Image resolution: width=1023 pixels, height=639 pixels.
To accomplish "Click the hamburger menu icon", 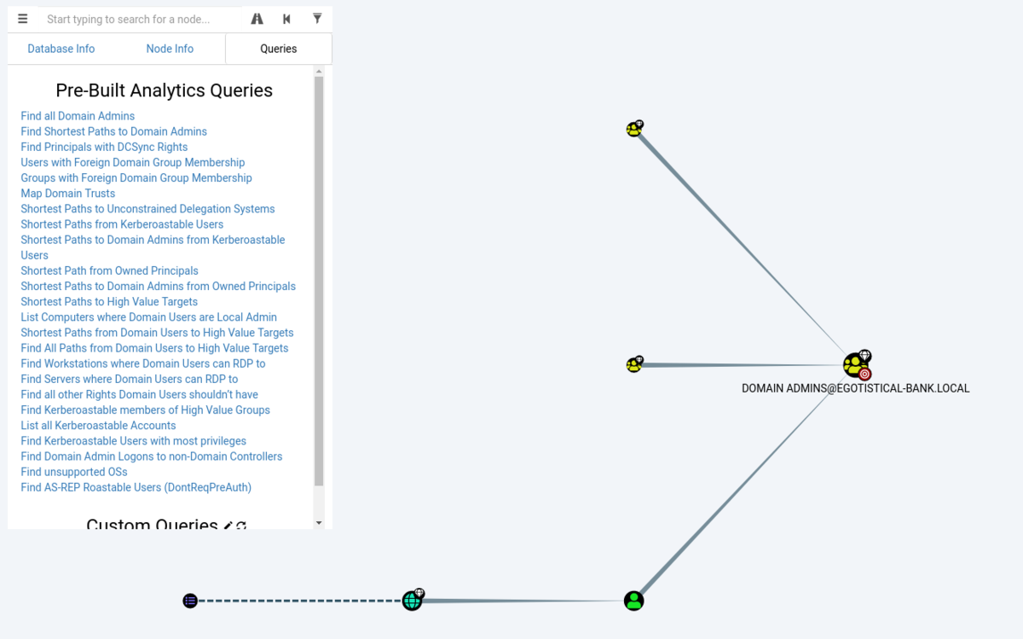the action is (22, 19).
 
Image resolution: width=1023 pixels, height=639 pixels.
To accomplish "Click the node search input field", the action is (140, 20).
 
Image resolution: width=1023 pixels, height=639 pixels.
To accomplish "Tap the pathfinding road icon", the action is (257, 19).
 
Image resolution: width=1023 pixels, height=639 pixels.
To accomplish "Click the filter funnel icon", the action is (317, 18).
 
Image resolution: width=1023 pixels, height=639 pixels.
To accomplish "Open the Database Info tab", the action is (61, 49).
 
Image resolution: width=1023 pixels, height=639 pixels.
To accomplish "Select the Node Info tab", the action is (170, 49).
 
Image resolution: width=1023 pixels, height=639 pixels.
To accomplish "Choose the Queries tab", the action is (279, 49).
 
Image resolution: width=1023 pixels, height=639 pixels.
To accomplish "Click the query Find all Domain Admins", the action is (78, 116).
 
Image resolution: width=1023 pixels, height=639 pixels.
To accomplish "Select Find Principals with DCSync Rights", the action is (104, 148).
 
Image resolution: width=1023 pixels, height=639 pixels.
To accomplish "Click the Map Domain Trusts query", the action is (67, 194).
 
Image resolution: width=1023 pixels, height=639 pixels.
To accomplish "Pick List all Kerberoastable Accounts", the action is (98, 426).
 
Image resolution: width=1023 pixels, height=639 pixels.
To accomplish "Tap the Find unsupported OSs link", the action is (74, 472).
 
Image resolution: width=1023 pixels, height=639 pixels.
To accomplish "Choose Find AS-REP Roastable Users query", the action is (136, 487).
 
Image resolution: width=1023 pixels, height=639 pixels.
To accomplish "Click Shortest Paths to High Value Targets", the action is (109, 302).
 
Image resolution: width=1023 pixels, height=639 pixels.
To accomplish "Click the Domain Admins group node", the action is (856, 365).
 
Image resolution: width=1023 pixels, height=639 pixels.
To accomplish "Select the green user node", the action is (634, 601).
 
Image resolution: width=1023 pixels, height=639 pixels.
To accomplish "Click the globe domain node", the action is (413, 600).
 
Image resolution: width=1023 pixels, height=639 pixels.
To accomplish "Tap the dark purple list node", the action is (190, 601).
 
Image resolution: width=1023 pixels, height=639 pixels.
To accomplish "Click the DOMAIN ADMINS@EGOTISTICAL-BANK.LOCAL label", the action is (855, 388).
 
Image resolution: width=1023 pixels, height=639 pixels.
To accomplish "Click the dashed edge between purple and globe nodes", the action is (299, 601).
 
